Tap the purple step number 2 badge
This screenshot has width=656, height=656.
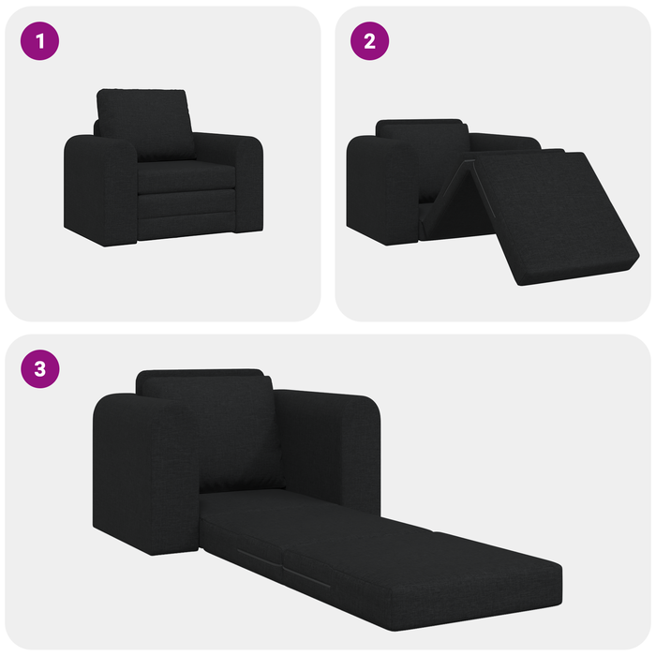[x=369, y=41]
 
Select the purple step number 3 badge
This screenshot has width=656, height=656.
[x=40, y=368]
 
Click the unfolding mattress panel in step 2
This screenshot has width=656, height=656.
[x=553, y=211]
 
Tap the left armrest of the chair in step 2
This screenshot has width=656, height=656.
[x=380, y=187]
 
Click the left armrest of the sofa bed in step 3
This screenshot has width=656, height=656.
[x=145, y=469]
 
